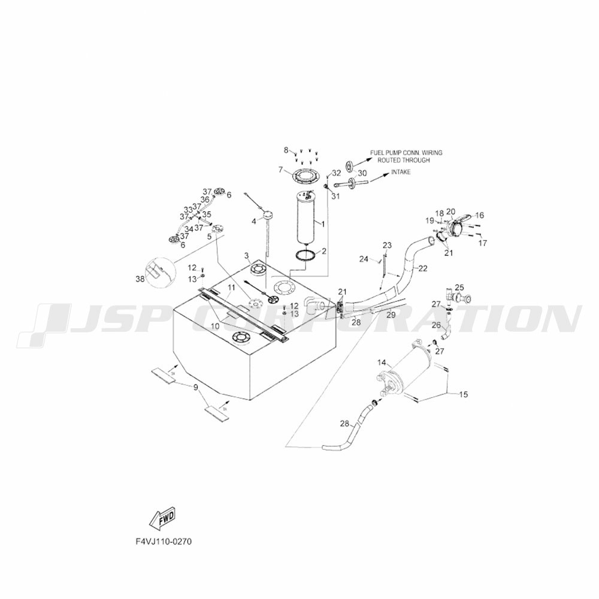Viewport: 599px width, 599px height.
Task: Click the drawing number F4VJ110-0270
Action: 164,540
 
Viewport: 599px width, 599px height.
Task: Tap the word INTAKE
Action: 401,172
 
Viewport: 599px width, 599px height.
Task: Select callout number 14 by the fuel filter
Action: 382,362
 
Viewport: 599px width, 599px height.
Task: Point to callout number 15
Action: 464,394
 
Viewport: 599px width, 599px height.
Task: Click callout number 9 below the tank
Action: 195,388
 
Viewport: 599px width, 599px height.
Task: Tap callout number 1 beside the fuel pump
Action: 323,223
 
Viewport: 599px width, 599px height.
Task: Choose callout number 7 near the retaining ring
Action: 280,170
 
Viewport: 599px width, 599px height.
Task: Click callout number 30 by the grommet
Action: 362,173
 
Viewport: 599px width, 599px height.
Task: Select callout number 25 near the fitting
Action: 459,288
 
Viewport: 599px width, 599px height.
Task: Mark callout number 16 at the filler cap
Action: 479,215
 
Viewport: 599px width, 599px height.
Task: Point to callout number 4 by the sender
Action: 253,221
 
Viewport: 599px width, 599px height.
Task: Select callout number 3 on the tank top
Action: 246,256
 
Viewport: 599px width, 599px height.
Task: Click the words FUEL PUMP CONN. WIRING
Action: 407,153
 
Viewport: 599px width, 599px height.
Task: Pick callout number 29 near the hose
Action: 391,314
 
